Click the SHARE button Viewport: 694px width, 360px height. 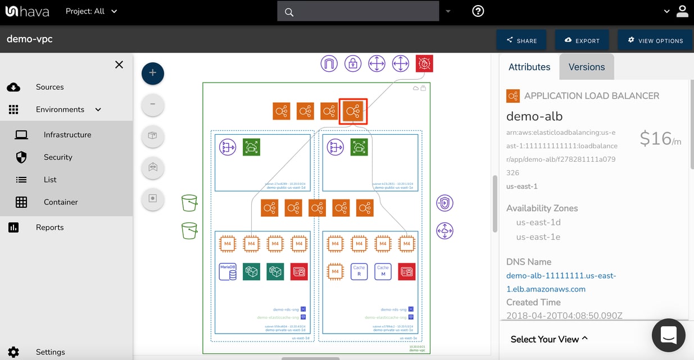click(521, 40)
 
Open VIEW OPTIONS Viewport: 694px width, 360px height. click(655, 40)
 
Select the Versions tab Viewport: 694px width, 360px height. click(586, 67)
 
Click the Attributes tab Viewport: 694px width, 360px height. click(529, 67)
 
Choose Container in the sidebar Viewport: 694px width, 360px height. click(61, 202)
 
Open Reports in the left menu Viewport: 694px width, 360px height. click(49, 227)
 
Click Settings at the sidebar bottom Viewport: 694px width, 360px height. click(50, 352)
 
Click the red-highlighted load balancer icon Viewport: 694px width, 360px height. click(353, 111)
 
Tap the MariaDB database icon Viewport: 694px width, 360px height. click(228, 271)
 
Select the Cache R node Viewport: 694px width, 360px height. click(359, 271)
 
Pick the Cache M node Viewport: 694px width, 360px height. click(383, 271)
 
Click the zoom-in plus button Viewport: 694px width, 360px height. click(153, 74)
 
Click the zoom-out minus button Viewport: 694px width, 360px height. click(153, 104)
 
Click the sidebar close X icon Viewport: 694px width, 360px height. click(119, 65)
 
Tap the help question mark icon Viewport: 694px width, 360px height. click(478, 11)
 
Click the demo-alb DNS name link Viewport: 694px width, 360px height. click(561, 282)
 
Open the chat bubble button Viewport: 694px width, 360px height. click(668, 335)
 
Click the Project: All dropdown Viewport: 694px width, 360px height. click(91, 11)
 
